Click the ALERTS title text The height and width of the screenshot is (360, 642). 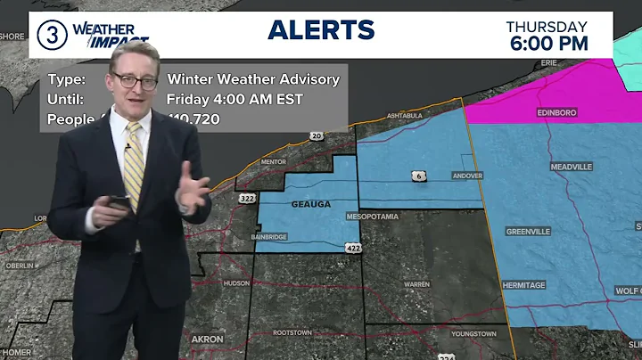pyautogui.click(x=321, y=29)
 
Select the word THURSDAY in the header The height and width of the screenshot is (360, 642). pyautogui.click(x=547, y=26)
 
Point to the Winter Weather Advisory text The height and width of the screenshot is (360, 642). pyautogui.click(x=253, y=79)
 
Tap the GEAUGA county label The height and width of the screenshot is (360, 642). pyautogui.click(x=311, y=204)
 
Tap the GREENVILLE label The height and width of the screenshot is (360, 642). pyautogui.click(x=529, y=231)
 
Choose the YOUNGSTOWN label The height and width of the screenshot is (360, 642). pyautogui.click(x=473, y=333)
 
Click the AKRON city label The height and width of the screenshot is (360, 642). pyautogui.click(x=208, y=340)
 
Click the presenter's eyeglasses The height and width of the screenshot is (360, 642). pyautogui.click(x=136, y=81)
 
